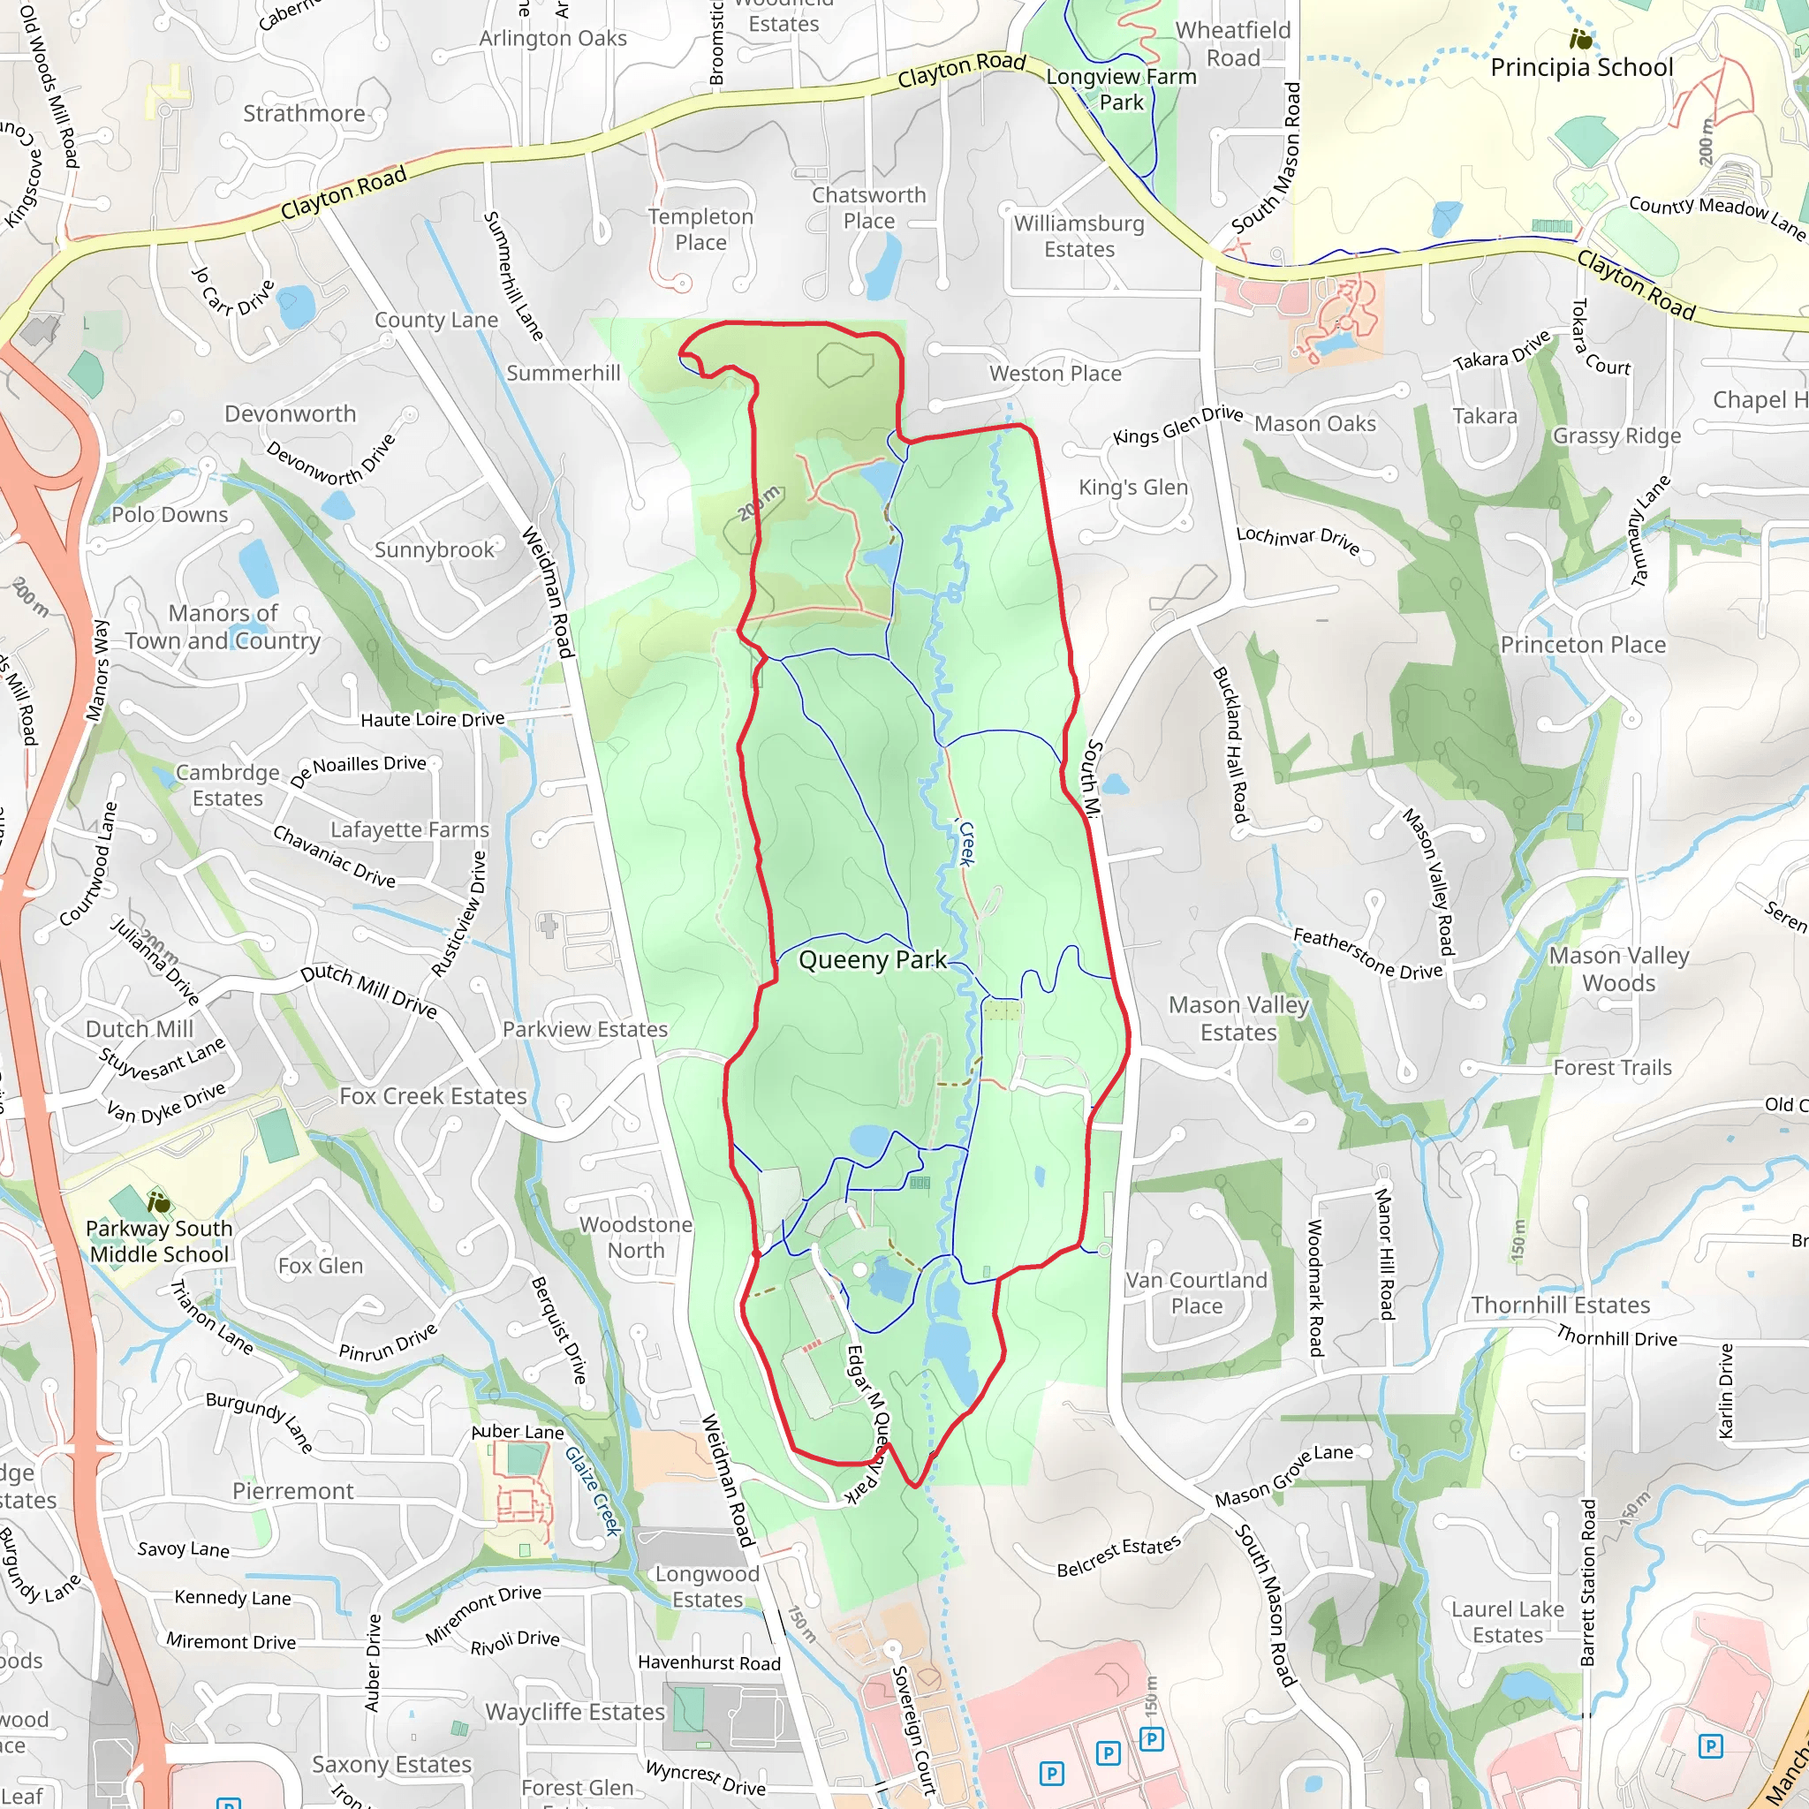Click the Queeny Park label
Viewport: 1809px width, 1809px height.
coord(872,960)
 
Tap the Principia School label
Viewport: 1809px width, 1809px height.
coord(1580,67)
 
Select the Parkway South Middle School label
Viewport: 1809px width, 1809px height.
coord(159,1241)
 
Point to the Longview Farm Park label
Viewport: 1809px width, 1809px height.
coord(1121,90)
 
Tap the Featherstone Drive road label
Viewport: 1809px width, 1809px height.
coord(1367,953)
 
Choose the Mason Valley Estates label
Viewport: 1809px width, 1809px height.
coord(1238,1018)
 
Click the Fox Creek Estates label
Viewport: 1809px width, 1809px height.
coord(433,1095)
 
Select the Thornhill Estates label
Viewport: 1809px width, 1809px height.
coord(1560,1305)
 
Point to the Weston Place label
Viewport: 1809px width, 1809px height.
coord(1055,374)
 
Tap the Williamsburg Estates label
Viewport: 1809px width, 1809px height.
coord(1079,237)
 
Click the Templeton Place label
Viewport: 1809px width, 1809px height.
coord(700,230)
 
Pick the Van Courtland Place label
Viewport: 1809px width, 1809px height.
coord(1196,1292)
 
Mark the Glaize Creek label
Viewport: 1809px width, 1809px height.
coord(593,1491)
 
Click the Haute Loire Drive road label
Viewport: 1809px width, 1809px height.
coord(433,719)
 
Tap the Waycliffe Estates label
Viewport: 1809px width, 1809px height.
coord(574,1712)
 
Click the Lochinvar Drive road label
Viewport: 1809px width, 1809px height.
coord(1297,540)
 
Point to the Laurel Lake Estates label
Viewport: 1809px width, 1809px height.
coord(1508,1622)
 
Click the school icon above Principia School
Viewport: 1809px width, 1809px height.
coord(1580,40)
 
